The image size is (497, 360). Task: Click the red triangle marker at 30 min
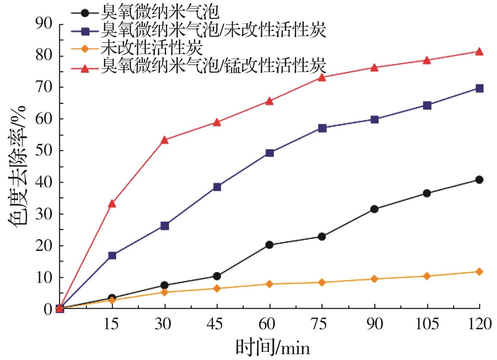coord(164,140)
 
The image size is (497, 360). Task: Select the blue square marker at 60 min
coord(269,153)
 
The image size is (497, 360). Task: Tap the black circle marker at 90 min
coord(374,209)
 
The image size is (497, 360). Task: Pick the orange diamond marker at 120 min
coord(479,272)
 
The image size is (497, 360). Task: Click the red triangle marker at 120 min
coord(479,52)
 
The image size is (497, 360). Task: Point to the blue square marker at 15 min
coord(112,256)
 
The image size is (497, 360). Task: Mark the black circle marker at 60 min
coord(269,245)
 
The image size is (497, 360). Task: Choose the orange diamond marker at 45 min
coord(217,288)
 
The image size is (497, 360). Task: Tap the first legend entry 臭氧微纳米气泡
coord(160,12)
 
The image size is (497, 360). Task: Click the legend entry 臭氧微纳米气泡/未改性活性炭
coord(212,30)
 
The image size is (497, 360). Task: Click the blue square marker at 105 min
coord(427,105)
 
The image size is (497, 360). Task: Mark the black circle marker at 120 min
coord(479,180)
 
